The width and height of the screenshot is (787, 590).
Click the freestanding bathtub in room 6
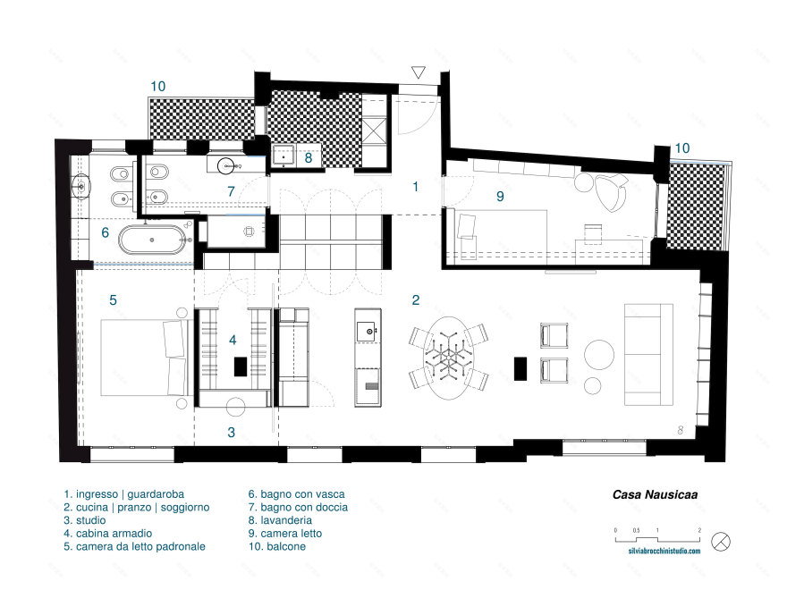pos(152,240)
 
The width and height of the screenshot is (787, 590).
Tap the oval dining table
pos(448,358)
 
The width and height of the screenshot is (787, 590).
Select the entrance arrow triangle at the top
pos(419,72)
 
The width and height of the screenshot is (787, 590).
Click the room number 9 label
pos(500,196)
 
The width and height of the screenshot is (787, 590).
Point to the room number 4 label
pos(233,341)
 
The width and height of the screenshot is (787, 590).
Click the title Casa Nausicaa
pos(655,494)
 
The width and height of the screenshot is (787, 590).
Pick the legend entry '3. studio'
pos(85,520)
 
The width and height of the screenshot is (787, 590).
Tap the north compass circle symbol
pos(721,542)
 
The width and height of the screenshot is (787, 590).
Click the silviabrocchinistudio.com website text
pos(664,551)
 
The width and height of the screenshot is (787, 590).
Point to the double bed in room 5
pos(144,358)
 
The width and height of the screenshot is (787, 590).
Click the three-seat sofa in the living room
pos(648,354)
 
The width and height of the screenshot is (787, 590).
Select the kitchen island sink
pos(368,331)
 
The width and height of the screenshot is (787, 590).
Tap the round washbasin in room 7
pos(226,164)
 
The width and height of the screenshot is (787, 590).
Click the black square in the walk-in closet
pos(241,367)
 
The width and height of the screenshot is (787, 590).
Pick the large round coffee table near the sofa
pos(599,354)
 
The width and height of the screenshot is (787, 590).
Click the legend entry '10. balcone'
pos(277,546)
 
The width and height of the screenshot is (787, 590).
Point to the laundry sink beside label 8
pos(284,156)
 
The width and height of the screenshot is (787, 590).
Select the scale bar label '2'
pos(699,530)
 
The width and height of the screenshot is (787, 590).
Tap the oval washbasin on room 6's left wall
pos(80,186)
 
